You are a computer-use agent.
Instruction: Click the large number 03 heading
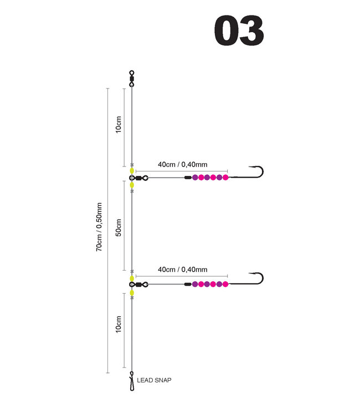coord(238,32)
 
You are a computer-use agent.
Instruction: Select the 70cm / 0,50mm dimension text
coord(100,226)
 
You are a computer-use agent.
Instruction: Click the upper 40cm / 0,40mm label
coord(183,164)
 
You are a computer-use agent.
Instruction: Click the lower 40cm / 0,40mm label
coord(183,269)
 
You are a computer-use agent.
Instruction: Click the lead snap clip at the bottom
coord(132,381)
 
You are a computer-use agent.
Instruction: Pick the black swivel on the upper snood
coord(138,178)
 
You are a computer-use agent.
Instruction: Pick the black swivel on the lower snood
coord(138,284)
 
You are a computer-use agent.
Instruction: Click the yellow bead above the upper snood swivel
coord(132,171)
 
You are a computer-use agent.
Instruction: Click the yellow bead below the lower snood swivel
coord(132,292)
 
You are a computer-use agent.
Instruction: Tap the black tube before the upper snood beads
coord(188,178)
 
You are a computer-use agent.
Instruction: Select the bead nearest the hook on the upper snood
coord(225,178)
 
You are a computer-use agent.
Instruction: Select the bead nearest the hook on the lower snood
coord(225,284)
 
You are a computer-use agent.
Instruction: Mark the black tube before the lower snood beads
coord(188,284)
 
